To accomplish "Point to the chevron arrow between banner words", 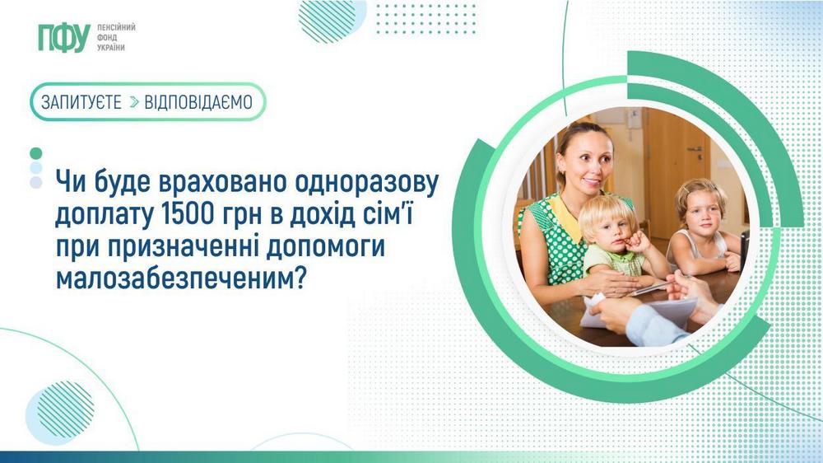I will click(x=134, y=102).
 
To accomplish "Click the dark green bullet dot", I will click(x=35, y=153).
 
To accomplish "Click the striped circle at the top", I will click(x=328, y=19).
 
